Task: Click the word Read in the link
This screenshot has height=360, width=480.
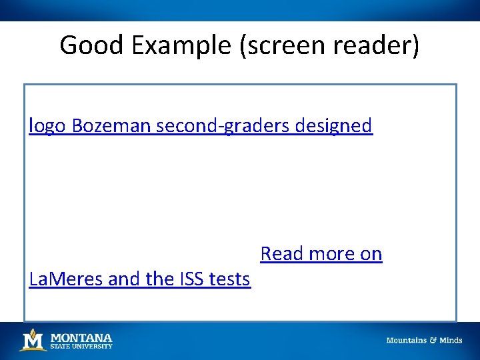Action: coord(280,253)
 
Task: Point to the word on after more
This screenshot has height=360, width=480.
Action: coord(371,253)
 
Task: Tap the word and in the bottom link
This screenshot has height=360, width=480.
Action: coord(125,279)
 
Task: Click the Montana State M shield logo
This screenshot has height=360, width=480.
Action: coord(32,340)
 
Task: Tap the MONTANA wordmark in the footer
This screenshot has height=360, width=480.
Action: coord(81,337)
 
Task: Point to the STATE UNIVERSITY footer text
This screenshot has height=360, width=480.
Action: coord(81,346)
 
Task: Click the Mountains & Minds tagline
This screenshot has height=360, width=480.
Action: coord(424,340)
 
